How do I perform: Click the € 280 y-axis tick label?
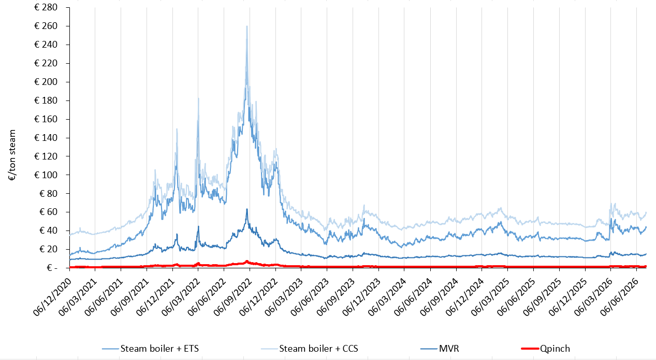(x=46, y=7)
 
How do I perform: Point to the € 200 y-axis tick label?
(x=46, y=82)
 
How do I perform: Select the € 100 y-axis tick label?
(x=46, y=175)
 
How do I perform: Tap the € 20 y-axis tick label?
(x=48, y=249)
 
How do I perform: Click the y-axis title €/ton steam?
(x=12, y=155)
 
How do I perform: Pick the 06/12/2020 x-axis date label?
(x=53, y=297)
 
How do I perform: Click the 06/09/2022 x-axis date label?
(x=233, y=297)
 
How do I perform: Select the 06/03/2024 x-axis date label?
(x=388, y=297)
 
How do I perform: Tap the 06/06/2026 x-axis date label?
(x=620, y=297)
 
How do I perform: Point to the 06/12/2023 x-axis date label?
(x=362, y=297)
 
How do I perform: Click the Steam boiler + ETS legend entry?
(x=151, y=349)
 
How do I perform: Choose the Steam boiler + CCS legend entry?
(x=310, y=349)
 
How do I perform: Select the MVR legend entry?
(x=440, y=349)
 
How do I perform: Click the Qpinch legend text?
(x=555, y=349)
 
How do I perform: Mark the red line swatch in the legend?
(x=530, y=349)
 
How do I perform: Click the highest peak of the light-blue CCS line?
(x=247, y=26)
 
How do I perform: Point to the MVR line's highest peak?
(x=247, y=209)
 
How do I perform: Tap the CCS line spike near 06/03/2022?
(x=198, y=98)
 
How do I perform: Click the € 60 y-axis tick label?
(x=48, y=212)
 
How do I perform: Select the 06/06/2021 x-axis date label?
(x=104, y=297)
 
